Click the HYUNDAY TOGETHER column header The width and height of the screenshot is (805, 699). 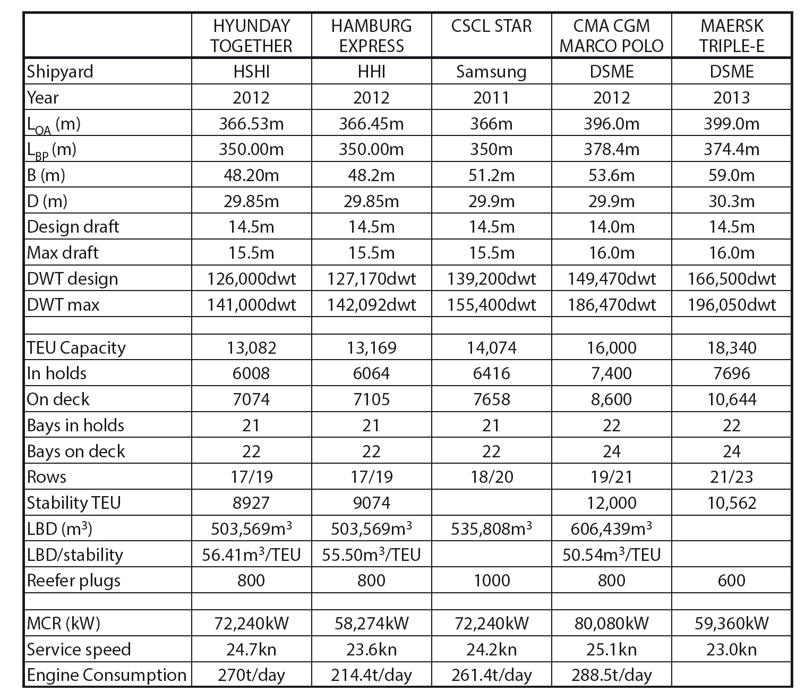coord(251,36)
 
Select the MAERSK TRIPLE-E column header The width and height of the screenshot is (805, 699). coord(731,36)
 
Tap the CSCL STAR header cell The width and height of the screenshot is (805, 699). coord(491,26)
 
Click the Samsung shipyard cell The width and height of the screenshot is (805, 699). coord(491,72)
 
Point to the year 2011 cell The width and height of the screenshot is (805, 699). coord(491,98)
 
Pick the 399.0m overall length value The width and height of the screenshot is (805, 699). coord(731,124)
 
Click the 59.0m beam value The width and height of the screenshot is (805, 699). coord(731,175)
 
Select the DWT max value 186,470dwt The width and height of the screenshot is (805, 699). coord(611,305)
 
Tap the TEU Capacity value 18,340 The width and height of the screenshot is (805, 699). coord(731,348)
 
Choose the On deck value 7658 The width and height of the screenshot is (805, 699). coord(491,399)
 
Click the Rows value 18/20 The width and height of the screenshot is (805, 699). coord(491,476)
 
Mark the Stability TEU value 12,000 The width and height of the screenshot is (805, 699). coord(611,502)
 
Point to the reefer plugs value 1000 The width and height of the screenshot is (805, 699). coord(491,580)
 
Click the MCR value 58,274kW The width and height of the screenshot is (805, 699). coord(371,623)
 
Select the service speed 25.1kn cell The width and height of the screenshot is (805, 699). coord(611,649)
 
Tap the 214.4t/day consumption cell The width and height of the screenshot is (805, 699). coord(371,675)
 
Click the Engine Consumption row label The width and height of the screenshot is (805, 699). coord(106,675)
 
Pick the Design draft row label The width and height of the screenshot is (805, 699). coord(73,227)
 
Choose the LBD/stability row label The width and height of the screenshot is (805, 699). coord(75,555)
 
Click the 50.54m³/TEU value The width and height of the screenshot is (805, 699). coord(611,555)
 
